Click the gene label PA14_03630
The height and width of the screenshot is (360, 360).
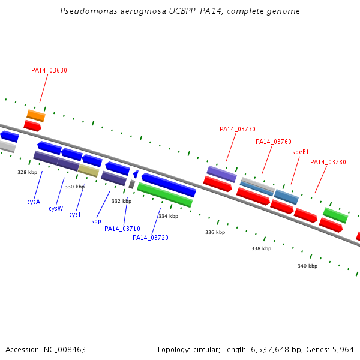point(49,70)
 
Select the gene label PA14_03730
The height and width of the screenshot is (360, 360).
point(238,129)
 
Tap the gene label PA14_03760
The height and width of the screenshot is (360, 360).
point(274,142)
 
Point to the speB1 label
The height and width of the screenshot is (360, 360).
point(301,152)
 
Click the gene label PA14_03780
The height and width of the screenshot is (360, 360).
point(328,162)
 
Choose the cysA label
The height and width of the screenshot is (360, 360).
point(34,202)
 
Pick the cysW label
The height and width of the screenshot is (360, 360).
point(56,208)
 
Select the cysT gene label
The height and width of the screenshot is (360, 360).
point(75,214)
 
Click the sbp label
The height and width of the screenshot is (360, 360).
point(96,221)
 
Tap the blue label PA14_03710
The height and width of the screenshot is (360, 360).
point(122,229)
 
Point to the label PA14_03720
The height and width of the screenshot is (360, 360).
point(151,238)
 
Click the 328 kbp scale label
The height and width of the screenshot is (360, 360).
point(27,172)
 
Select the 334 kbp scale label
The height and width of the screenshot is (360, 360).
point(168,216)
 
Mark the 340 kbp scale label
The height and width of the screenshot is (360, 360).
point(307,266)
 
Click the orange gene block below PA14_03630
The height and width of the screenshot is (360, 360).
point(36,115)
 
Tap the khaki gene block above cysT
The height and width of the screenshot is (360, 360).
point(88,171)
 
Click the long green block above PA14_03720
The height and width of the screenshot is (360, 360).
point(164,195)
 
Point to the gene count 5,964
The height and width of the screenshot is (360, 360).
point(341,349)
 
